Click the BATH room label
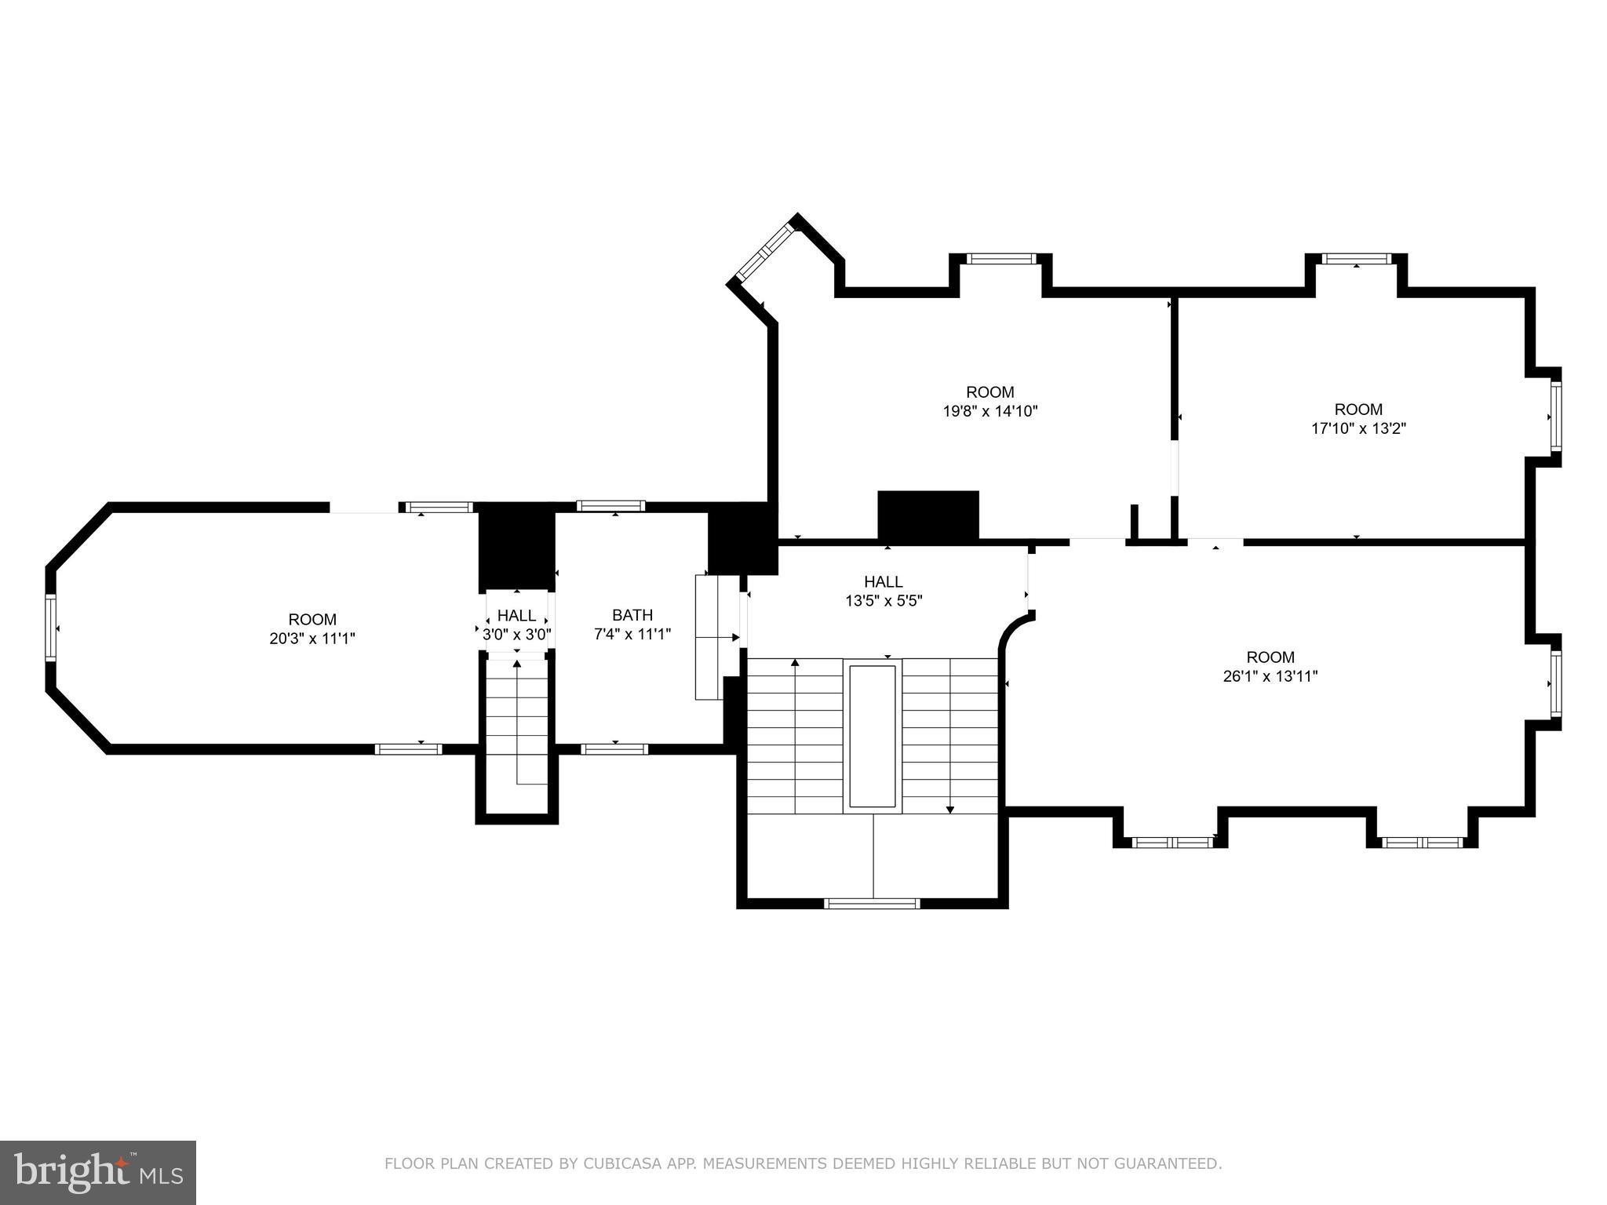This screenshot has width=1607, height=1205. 632,615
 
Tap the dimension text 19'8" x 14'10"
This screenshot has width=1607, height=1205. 989,410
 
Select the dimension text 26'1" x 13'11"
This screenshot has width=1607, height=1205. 1270,676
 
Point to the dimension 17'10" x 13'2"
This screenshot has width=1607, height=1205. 1358,428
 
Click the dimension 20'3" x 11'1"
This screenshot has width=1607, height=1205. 312,639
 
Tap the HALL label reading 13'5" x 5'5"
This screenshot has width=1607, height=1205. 883,601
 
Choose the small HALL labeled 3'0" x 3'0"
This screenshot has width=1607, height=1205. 516,625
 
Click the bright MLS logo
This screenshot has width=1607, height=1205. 97,1173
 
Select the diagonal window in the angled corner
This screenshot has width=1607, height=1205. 766,252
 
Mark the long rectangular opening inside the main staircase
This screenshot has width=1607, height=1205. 873,736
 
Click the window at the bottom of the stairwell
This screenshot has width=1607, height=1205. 872,904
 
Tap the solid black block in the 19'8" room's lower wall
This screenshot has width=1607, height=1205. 927,515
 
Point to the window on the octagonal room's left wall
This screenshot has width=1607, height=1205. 51,628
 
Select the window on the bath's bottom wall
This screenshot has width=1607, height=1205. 614,749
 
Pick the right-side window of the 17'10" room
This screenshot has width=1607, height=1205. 1554,417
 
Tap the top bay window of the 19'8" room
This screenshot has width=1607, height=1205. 1000,259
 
